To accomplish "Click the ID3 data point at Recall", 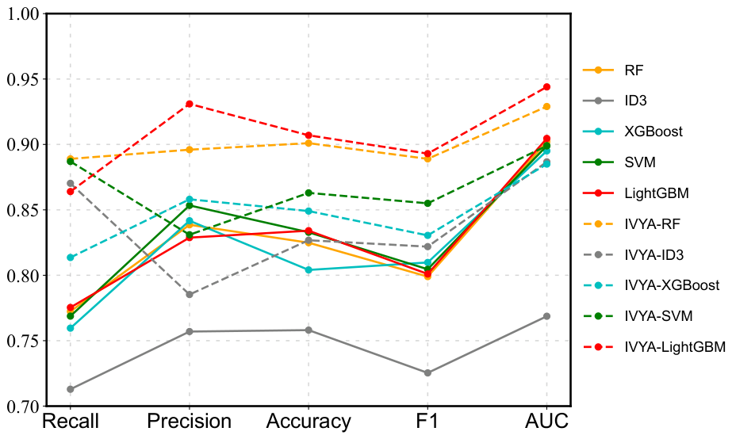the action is coord(71,389).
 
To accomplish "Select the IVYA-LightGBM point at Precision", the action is coord(190,104).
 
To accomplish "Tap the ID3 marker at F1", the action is coord(427,372).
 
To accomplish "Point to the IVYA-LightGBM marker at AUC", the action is coord(546,87).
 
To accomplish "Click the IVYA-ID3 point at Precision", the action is coord(190,294).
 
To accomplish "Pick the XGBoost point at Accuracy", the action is coord(309,270).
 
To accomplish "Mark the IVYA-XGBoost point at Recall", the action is coord(71,258).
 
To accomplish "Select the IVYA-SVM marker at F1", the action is coord(427,203).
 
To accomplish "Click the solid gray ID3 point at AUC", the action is coord(546,316).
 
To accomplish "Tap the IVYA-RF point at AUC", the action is coord(546,106).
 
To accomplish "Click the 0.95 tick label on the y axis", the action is coord(23,79).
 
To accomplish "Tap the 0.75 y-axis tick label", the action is coord(23,341).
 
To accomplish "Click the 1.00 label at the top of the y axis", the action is coord(23,14).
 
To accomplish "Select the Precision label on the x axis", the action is coord(190,422).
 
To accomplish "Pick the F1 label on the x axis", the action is coord(427,422).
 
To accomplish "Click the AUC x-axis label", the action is coord(546,422).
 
